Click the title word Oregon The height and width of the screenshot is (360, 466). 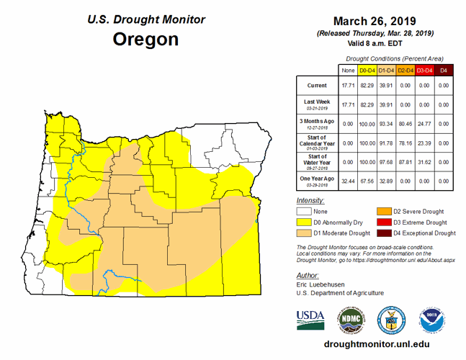tap(145, 39)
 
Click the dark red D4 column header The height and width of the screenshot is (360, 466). tap(444, 70)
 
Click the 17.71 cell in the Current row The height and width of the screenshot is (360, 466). tap(349, 86)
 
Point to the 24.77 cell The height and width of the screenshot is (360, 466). tap(425, 122)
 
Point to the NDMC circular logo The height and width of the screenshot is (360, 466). tap(351, 318)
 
